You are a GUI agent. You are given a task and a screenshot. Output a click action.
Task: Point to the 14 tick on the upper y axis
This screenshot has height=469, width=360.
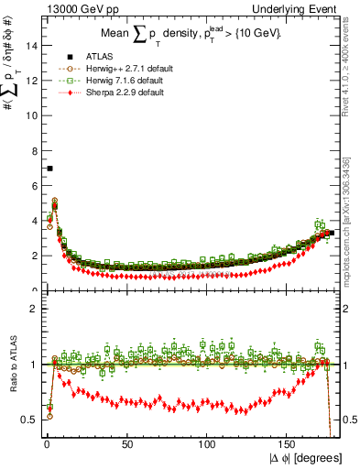[33, 46]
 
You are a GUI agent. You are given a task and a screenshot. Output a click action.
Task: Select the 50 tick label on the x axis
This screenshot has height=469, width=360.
[127, 443]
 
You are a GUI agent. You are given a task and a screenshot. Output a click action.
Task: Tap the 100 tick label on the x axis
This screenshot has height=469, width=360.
[208, 443]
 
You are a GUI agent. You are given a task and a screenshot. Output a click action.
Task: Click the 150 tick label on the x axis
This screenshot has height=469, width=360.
[289, 443]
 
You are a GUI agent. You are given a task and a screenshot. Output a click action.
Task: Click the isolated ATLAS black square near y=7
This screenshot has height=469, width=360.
[49, 169]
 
